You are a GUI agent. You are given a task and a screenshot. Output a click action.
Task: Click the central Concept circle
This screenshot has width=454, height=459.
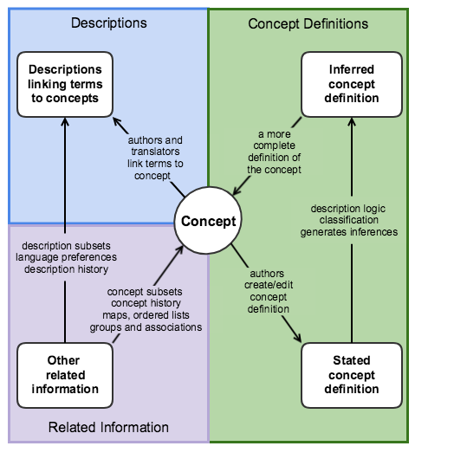tap(208, 221)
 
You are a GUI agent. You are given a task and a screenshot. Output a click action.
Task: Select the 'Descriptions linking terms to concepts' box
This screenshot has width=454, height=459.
tap(65, 84)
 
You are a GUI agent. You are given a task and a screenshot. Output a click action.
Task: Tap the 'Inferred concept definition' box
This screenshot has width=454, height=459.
tap(352, 84)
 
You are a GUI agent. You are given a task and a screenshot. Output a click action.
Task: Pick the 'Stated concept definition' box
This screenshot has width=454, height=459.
tap(352, 375)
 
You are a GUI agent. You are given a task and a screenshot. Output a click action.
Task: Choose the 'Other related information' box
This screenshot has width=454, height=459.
tap(65, 375)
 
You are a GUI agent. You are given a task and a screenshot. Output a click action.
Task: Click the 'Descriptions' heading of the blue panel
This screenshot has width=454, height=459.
tap(109, 23)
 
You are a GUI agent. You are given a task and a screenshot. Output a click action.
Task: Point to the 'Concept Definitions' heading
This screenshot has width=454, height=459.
tap(308, 23)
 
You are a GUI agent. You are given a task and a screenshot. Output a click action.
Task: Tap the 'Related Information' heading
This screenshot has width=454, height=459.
tap(108, 427)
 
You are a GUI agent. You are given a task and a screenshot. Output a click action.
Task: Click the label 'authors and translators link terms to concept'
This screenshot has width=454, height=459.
tap(155, 158)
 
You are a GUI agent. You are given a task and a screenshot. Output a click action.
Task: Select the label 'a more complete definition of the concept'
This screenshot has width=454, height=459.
tap(274, 152)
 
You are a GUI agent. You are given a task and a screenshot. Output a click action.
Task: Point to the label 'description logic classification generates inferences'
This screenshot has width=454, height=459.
tap(349, 220)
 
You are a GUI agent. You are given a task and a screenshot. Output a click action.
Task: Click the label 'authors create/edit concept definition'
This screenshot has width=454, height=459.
tap(269, 291)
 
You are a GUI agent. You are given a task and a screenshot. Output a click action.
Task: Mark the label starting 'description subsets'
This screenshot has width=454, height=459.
tap(66, 257)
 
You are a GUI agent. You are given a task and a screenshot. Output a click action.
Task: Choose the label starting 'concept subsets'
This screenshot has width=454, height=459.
tap(146, 309)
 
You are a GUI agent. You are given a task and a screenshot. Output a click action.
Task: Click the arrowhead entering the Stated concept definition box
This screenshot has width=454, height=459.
tap(298, 338)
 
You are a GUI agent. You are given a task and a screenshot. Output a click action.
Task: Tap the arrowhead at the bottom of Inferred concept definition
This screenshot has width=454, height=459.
tap(352, 122)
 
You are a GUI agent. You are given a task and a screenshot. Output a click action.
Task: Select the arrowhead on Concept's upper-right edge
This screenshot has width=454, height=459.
tap(237, 191)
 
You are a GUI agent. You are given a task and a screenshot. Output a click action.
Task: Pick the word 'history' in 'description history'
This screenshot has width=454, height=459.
tap(93, 269)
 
